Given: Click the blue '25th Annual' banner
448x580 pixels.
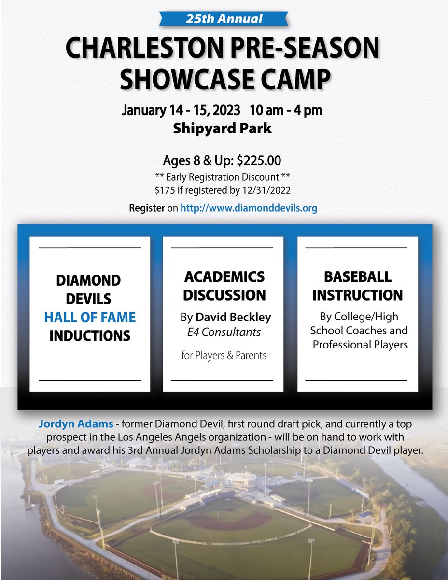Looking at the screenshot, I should coord(224,19).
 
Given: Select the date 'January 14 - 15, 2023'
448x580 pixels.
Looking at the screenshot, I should coord(181,110).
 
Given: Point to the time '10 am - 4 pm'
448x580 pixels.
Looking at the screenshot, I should coord(286,110).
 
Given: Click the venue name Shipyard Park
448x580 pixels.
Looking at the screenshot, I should coord(224,129).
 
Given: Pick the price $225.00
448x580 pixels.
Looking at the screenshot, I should coord(258,159).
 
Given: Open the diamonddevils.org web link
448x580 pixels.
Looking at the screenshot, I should coord(249,209).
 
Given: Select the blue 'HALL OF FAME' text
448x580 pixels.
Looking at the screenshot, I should coord(90,318).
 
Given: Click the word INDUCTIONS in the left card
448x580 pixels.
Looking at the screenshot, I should coord(90,335).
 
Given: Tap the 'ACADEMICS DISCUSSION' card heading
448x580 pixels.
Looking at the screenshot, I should coord(224,286).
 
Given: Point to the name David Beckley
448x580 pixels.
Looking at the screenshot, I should coord(233,318).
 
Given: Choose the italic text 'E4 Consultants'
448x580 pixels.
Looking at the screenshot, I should coord(224,332).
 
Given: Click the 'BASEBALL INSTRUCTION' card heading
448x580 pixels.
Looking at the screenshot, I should coord(357,286).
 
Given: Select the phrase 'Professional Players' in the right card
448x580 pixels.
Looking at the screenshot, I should coord(360,345).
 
